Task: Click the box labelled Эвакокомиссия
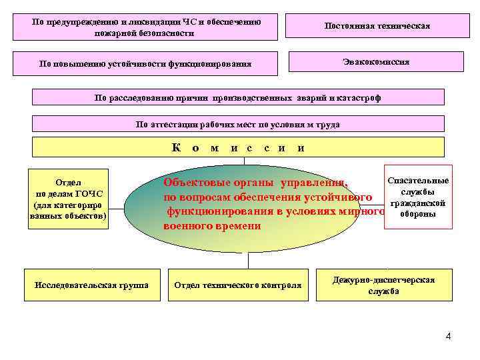click(x=376, y=62)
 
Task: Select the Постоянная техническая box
click(x=376, y=27)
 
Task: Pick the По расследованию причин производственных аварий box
click(x=238, y=98)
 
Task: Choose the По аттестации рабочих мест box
click(x=238, y=124)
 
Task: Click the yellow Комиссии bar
click(x=238, y=147)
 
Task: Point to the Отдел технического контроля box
click(x=237, y=285)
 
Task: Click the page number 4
click(x=448, y=336)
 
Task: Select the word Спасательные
click(x=418, y=181)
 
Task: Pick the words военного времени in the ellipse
click(x=212, y=227)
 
